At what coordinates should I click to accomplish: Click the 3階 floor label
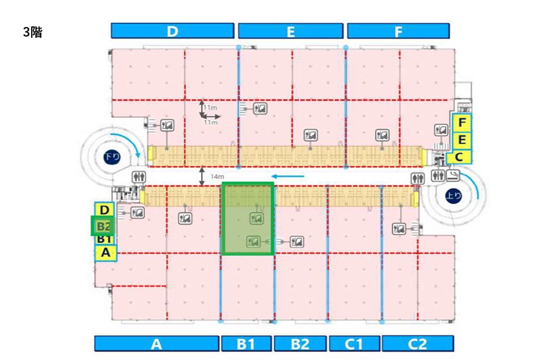pos(33,32)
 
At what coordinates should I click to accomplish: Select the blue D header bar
pos(173,31)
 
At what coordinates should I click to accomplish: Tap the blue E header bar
pos(290,31)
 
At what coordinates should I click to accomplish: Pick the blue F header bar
pos(398,31)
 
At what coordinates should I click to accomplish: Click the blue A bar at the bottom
pos(157,343)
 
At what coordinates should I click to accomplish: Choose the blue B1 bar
pos(246,343)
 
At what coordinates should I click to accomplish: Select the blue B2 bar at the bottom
pos(300,343)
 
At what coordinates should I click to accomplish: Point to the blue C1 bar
pos(355,343)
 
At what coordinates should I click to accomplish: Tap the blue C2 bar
pos(418,343)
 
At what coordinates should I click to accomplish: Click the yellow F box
pos(462,122)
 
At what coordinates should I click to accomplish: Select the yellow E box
pos(462,140)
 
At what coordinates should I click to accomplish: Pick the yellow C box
pos(459,157)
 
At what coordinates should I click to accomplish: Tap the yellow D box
pos(104,210)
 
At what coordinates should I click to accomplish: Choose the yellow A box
pos(106,253)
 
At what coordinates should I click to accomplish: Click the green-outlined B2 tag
pos(103,226)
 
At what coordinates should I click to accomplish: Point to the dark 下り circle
pos(112,157)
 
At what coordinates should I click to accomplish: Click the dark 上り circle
pos(453,196)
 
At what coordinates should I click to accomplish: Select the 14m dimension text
pos(217,176)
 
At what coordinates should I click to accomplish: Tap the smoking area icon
pos(453,175)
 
